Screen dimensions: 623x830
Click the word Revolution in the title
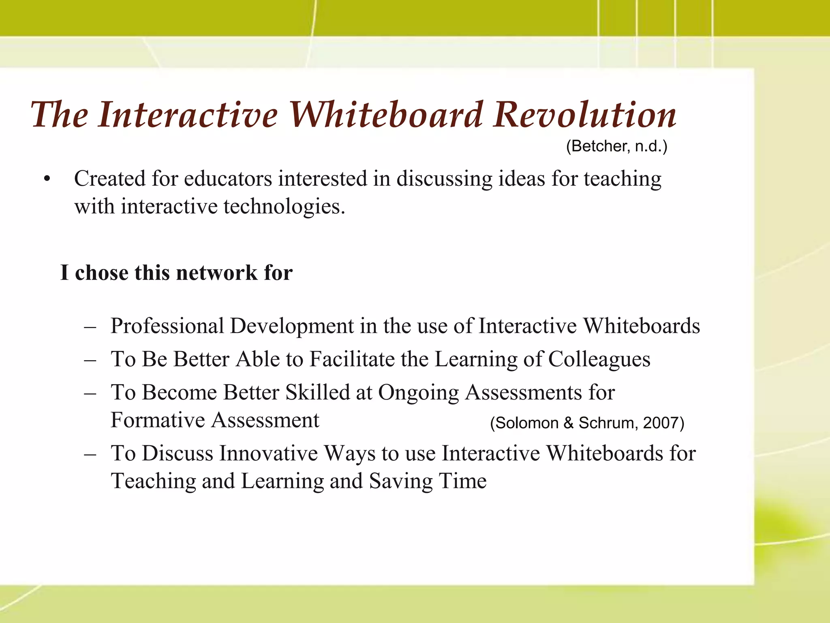[x=585, y=115]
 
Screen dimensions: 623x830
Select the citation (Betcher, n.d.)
[x=616, y=146]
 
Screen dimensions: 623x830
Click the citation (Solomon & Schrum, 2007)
[x=587, y=423]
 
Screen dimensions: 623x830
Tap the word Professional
[x=167, y=326]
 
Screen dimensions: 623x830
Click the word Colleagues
[x=599, y=359]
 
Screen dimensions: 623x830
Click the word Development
[x=292, y=326]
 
